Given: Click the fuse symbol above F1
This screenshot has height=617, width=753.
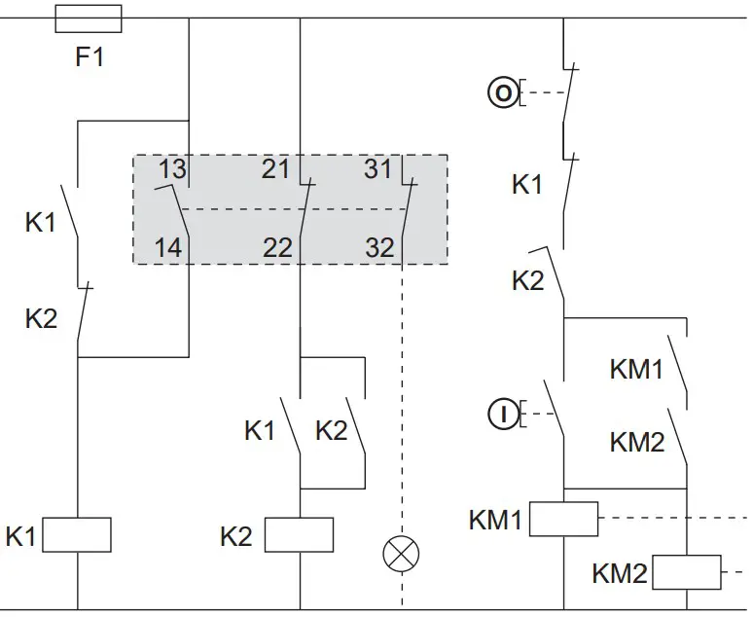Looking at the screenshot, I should pyautogui.click(x=90, y=18).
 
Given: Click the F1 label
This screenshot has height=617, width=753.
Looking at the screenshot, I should pyautogui.click(x=90, y=57).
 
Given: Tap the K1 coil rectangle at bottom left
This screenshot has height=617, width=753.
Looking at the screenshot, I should pyautogui.click(x=78, y=535).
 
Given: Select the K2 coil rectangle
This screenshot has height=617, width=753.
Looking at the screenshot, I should pyautogui.click(x=300, y=535).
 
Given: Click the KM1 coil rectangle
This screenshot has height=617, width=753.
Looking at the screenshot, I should pyautogui.click(x=564, y=519).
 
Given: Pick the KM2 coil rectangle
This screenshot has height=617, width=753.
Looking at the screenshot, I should pyautogui.click(x=687, y=572).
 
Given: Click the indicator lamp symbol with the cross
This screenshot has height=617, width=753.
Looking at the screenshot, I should pyautogui.click(x=401, y=555).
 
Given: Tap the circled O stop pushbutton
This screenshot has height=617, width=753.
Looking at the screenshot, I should pyautogui.click(x=502, y=93).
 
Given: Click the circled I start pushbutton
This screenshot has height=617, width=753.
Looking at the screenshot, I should pyautogui.click(x=502, y=415).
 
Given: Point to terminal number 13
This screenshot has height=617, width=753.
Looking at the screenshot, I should pyautogui.click(x=171, y=169).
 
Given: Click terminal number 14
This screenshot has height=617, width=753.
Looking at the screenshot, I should pyautogui.click(x=168, y=247).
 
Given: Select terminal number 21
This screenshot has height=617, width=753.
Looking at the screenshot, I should pyautogui.click(x=276, y=169).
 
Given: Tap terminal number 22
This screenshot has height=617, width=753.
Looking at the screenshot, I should pyautogui.click(x=277, y=247).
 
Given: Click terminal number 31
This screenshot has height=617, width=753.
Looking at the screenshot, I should pyautogui.click(x=377, y=169).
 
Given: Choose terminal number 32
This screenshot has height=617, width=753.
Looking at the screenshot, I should pyautogui.click(x=379, y=247).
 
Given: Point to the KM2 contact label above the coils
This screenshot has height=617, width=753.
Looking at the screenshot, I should pyautogui.click(x=636, y=442).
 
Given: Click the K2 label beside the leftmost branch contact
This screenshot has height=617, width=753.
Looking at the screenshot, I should pyautogui.click(x=41, y=318).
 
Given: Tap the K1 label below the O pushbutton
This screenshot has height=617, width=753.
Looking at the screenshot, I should pyautogui.click(x=527, y=184).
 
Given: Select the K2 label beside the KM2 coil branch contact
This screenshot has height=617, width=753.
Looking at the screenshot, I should pyautogui.click(x=527, y=281).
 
